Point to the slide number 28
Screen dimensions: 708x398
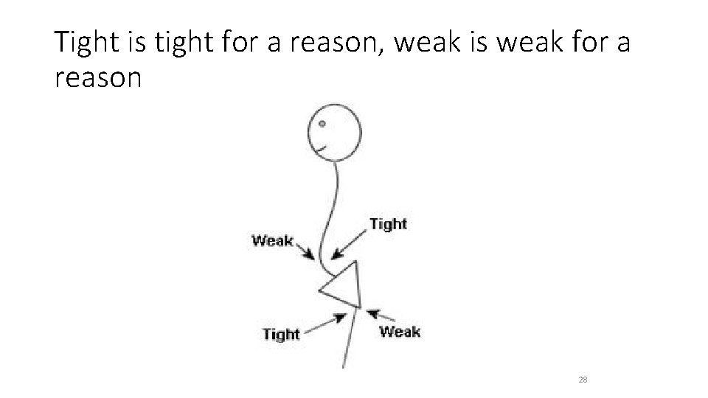coord(583,380)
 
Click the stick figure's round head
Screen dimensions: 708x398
coord(336,131)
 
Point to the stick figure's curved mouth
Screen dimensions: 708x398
coord(322,149)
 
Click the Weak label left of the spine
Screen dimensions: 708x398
coord(272,240)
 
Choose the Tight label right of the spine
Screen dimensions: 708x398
coord(387,223)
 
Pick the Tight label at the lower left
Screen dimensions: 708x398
coord(281,334)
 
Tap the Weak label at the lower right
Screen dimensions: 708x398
coord(399,331)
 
